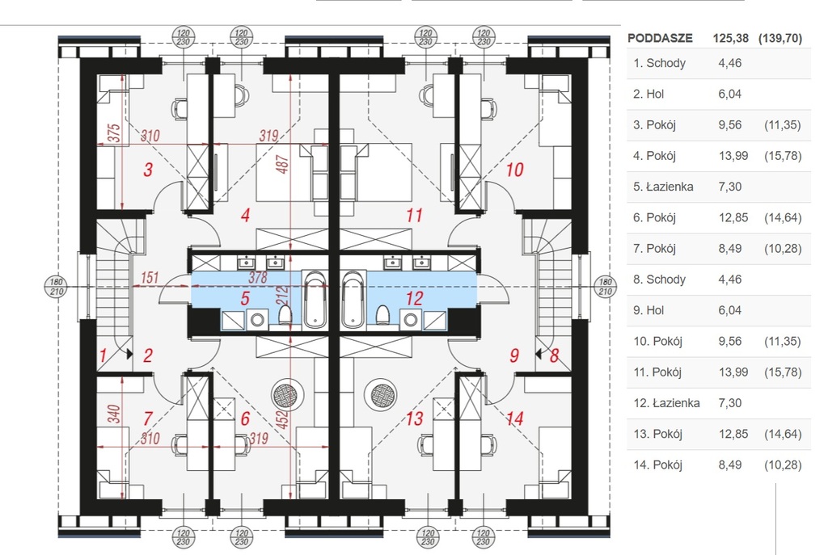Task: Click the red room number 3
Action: tap(148, 170)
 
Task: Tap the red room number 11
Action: tap(415, 216)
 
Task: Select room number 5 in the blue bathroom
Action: tap(245, 298)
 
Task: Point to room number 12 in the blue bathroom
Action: tap(414, 298)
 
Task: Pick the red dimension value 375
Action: tap(114, 133)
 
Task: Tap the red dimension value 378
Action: tap(257, 278)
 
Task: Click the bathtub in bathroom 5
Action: tap(315, 298)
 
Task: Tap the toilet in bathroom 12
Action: tap(383, 313)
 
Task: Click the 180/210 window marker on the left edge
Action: tap(56, 286)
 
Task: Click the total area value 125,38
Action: tap(731, 38)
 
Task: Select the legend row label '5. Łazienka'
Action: tap(665, 187)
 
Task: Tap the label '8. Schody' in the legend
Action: tap(660, 280)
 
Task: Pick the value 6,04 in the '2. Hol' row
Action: tap(729, 94)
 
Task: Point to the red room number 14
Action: tap(515, 418)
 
